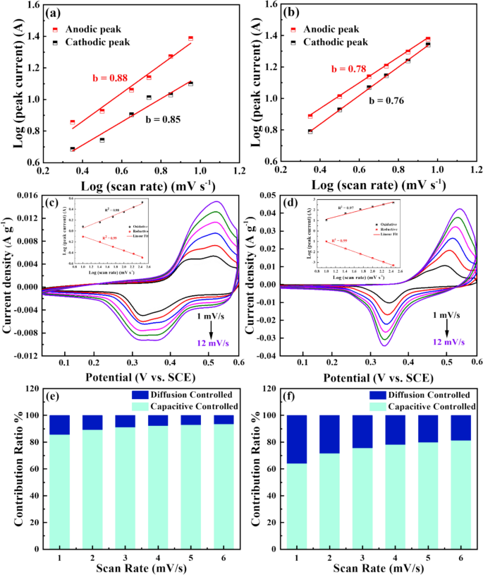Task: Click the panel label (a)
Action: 56,13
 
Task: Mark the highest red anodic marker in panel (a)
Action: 190,38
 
